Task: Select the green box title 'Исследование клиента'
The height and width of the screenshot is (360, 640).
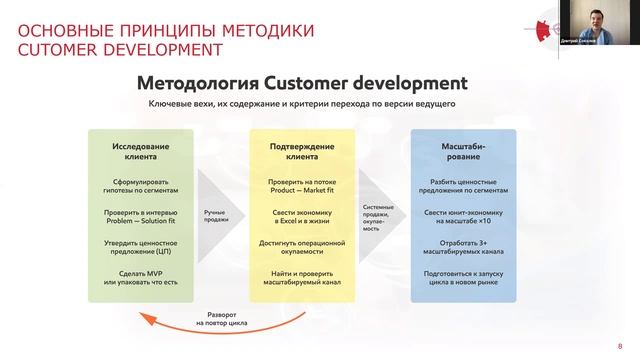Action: (x=140, y=152)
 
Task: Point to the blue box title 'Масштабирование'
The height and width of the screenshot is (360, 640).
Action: (x=463, y=152)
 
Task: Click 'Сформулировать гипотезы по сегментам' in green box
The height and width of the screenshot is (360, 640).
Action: (x=140, y=186)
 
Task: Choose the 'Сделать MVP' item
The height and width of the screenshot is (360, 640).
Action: (x=140, y=276)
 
